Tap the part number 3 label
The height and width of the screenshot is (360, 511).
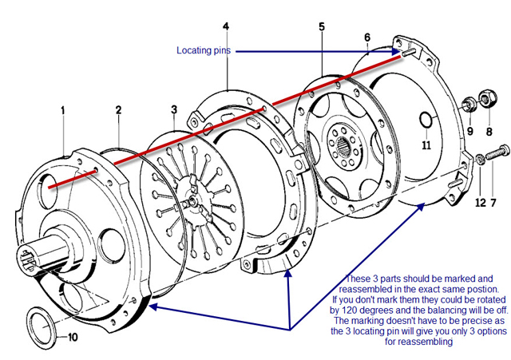click(173, 109)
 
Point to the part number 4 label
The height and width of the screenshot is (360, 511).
click(226, 26)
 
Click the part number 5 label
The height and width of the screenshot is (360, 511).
click(322, 26)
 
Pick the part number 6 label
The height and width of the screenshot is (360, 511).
click(367, 38)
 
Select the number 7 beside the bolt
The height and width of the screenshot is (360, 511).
click(493, 203)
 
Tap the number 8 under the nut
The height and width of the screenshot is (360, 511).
click(489, 131)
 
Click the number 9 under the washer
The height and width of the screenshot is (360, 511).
click(470, 131)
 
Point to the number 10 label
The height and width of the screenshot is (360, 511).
click(73, 337)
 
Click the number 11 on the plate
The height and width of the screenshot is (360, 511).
click(426, 145)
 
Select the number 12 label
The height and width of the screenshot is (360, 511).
click(480, 203)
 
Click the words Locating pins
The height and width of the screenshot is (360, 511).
click(204, 51)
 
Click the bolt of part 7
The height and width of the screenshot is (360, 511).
click(499, 149)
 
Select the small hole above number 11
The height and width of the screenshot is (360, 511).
click(426, 122)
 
